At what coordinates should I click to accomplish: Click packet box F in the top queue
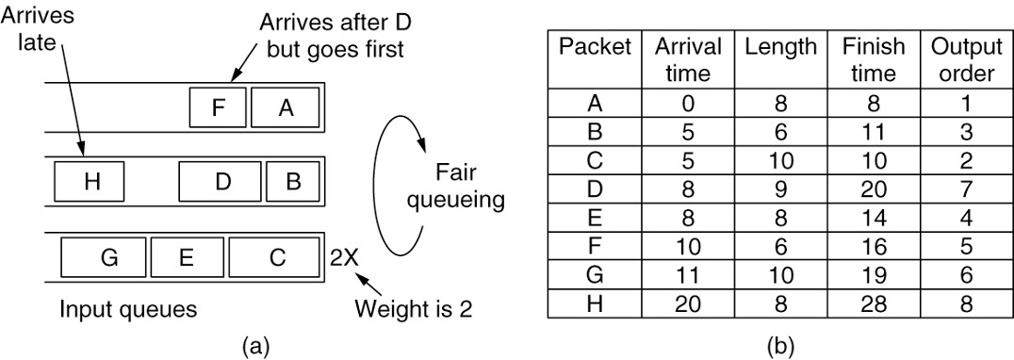click(218, 108)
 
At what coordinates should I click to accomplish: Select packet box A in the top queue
click(285, 108)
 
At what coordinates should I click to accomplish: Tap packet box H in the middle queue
click(90, 182)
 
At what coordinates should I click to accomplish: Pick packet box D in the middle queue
click(222, 182)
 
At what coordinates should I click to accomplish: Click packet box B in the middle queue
click(292, 182)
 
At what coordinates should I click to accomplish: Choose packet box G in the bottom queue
click(105, 255)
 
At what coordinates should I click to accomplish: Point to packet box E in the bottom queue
click(187, 255)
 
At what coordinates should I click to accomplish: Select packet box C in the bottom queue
click(274, 255)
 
